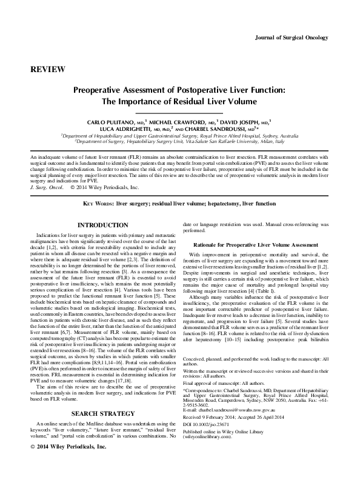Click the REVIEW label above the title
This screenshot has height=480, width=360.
[47, 70]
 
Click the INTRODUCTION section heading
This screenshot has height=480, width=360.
[103, 226]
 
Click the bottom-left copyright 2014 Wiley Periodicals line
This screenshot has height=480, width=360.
[67, 464]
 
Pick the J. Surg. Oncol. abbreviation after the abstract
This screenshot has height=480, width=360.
[48, 188]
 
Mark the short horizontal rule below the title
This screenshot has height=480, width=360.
[179, 113]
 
